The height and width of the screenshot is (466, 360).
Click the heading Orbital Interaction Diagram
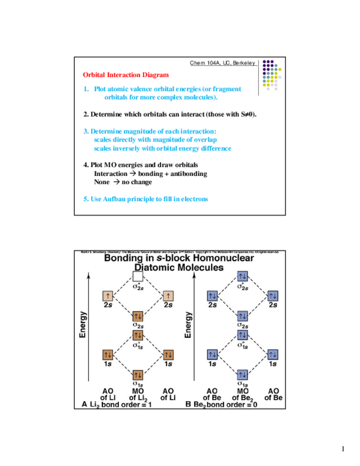point(126,75)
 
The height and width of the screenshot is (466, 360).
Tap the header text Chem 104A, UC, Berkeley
point(223,63)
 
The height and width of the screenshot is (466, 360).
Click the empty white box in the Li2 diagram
point(138,276)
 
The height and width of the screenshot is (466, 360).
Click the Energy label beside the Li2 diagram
point(83,325)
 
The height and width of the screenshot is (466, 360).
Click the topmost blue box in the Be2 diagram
point(242,276)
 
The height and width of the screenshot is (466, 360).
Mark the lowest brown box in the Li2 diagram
point(138,375)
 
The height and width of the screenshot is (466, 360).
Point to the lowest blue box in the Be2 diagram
point(242,375)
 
